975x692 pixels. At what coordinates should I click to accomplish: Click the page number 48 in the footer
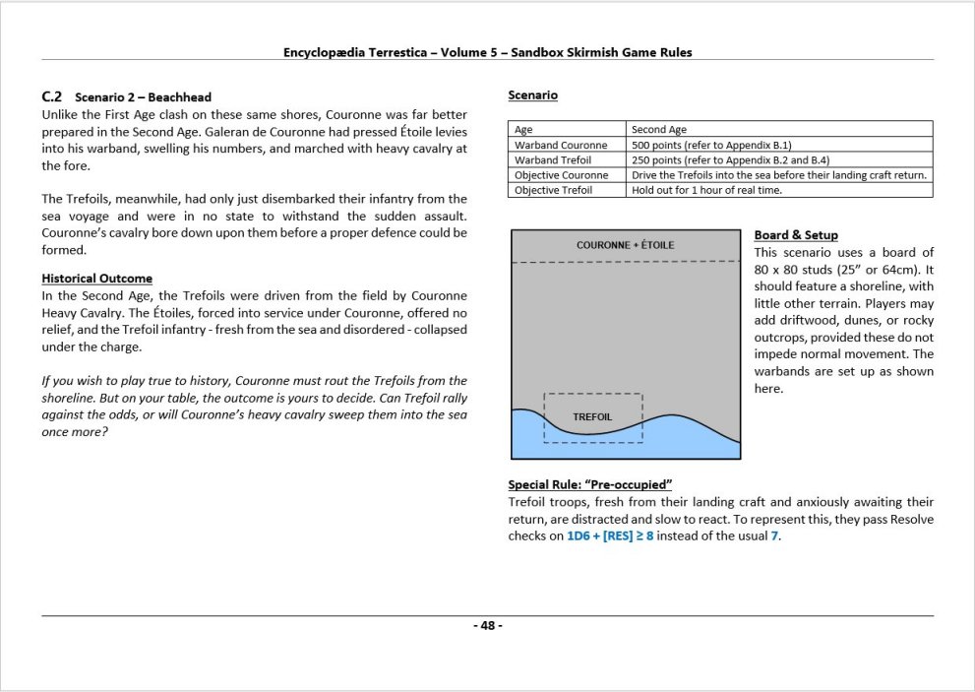coord(487,626)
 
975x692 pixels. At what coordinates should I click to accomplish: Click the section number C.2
coord(52,97)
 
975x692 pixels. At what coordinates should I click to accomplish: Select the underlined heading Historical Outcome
coord(96,279)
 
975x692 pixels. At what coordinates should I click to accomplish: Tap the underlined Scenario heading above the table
coord(532,95)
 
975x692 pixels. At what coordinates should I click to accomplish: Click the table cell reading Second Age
coord(659,129)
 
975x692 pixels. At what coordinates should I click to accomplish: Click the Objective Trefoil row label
coord(553,190)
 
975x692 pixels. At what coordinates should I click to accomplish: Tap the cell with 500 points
coord(703,145)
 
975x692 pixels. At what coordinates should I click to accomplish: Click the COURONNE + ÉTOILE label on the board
coord(625,245)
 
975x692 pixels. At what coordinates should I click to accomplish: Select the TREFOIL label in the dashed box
coord(592,417)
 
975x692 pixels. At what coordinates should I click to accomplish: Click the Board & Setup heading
coord(796,235)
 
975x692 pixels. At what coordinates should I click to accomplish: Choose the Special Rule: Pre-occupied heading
coord(589,485)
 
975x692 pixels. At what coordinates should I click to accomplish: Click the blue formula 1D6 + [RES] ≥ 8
coord(610,535)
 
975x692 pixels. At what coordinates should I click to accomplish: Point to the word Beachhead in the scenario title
coord(179,97)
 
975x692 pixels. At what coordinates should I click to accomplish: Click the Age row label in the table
coord(523,129)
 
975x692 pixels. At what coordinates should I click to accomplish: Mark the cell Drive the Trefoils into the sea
coord(779,175)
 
